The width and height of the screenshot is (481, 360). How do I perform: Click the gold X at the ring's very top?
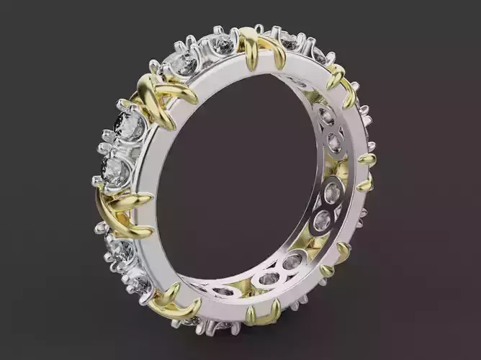(256, 47)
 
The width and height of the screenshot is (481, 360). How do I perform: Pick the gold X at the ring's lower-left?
(173, 302)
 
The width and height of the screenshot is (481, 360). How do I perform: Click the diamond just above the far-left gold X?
(115, 170)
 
